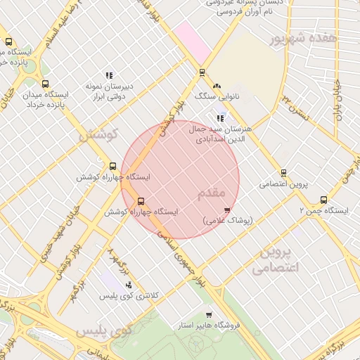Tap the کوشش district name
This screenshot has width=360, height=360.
(97, 134)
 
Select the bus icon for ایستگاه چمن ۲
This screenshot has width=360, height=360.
(323, 200)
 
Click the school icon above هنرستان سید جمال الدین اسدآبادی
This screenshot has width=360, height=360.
(220, 118)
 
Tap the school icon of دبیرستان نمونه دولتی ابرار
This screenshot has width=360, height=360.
(109, 75)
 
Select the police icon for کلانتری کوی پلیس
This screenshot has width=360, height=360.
(128, 285)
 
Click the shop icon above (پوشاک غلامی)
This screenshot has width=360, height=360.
(226, 210)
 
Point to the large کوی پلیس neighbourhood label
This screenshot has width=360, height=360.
(103, 330)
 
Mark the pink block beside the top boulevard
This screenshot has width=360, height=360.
(193, 41)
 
